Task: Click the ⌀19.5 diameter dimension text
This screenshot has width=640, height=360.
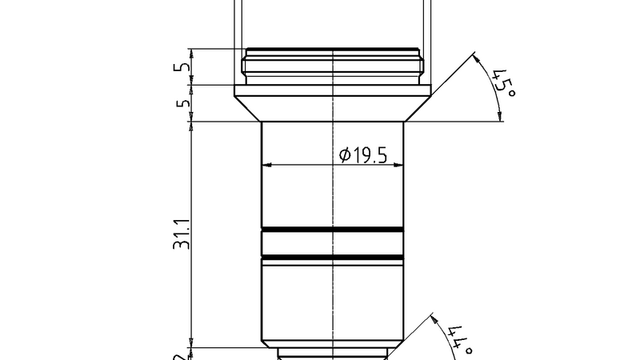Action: [363, 154]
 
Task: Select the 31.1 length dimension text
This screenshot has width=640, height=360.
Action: [182, 234]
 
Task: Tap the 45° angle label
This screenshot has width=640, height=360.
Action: [504, 82]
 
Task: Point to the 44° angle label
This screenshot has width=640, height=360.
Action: [458, 341]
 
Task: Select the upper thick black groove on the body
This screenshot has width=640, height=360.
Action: [333, 230]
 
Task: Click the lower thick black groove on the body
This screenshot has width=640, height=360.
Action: [333, 257]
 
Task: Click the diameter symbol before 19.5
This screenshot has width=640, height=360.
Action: [345, 155]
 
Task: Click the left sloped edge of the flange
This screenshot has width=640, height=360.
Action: [249, 109]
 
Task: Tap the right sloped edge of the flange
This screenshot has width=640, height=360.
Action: [418, 109]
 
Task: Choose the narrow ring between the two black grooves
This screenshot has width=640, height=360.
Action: [333, 243]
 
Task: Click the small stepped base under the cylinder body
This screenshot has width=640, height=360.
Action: [333, 352]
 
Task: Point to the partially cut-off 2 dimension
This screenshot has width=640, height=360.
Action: [183, 354]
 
